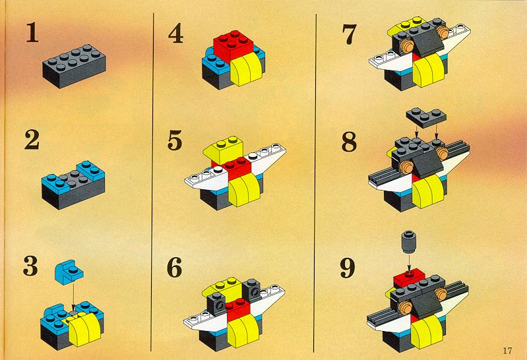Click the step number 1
coord(32,32)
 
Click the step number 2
coord(32,140)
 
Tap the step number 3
coord(30,266)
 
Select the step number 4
coord(176,33)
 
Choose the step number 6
coord(174,268)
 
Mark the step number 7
coord(349,35)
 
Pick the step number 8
coord(349,142)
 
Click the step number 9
coord(348,268)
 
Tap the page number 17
coord(507,351)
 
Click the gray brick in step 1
coord(75,66)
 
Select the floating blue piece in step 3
coord(69,272)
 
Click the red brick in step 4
coord(233,46)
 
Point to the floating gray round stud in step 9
coord(409,243)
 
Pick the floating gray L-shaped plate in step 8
coord(426,117)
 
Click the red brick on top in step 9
coord(409,278)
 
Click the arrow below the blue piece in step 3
coord(73,295)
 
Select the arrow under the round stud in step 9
coord(409,262)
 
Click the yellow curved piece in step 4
coord(247,70)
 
